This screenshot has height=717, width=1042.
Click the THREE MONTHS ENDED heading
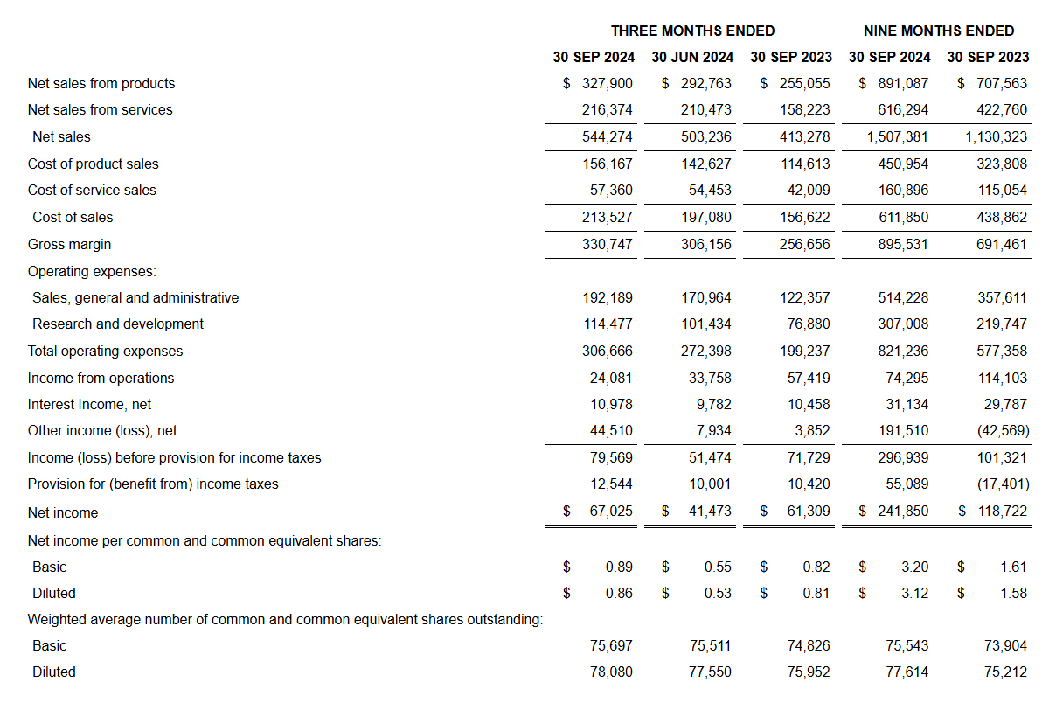pyautogui.click(x=692, y=31)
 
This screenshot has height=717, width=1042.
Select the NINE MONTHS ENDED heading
pyautogui.click(x=939, y=31)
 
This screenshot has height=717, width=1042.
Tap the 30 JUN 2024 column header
pyautogui.click(x=692, y=57)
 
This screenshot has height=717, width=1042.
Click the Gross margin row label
pyautogui.click(x=70, y=244)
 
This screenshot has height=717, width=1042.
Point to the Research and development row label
pyautogui.click(x=118, y=324)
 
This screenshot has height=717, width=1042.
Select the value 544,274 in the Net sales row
pyautogui.click(x=608, y=136)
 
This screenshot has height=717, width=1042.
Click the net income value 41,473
pyautogui.click(x=710, y=511)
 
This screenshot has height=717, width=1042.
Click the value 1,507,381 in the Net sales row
pyautogui.click(x=898, y=136)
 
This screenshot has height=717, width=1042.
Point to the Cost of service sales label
pyautogui.click(x=92, y=190)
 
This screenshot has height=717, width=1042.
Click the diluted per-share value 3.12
pyautogui.click(x=914, y=593)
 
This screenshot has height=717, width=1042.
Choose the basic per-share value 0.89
pyautogui.click(x=619, y=567)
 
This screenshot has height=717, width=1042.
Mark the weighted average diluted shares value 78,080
pyautogui.click(x=612, y=672)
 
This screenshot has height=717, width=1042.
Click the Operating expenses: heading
pyautogui.click(x=92, y=271)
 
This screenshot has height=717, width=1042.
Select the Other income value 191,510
pyautogui.click(x=903, y=430)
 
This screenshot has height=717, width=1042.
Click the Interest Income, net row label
pyautogui.click(x=89, y=404)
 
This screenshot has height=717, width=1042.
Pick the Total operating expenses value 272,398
pyautogui.click(x=706, y=351)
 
